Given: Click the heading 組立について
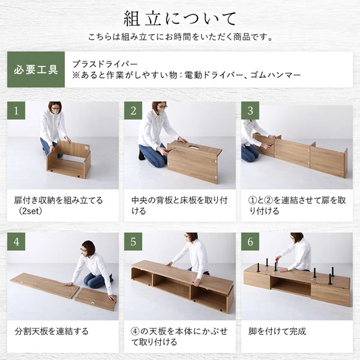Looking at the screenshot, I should [180, 17].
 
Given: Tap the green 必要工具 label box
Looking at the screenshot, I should [35, 69].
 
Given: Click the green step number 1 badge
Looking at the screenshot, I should [16, 110].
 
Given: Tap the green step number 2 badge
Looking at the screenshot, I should [133, 110].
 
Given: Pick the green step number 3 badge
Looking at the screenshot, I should [250, 110].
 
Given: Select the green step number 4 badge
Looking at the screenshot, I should [16, 242].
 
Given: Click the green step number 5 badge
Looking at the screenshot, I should [133, 242].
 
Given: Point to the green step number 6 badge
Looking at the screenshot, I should [250, 242].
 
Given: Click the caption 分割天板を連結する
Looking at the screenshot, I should [51, 331].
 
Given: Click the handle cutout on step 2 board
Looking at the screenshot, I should [194, 146].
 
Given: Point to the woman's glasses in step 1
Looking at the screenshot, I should [56, 110].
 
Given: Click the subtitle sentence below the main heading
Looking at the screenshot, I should [180, 37].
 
